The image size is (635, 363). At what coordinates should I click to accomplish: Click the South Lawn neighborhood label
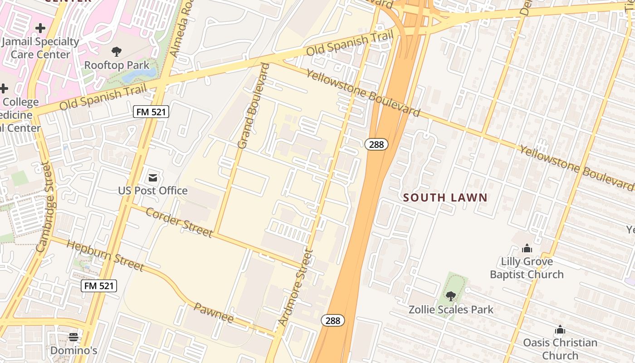click(x=445, y=197)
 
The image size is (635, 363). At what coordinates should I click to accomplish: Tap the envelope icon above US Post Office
click(x=153, y=177)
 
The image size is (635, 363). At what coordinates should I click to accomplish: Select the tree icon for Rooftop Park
click(x=117, y=51)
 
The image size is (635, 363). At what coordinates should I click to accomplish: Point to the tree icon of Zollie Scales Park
click(x=451, y=296)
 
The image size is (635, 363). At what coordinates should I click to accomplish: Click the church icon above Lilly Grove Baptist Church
click(x=527, y=248)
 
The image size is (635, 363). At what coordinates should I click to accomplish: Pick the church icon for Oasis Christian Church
click(x=560, y=329)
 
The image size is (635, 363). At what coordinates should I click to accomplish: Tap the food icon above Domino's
click(x=73, y=337)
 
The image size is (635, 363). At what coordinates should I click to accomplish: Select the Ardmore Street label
click(x=295, y=288)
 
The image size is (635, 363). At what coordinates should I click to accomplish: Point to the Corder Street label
click(x=179, y=222)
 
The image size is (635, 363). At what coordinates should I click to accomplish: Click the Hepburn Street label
click(x=105, y=255)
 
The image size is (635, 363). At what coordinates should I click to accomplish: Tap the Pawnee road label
click(x=214, y=313)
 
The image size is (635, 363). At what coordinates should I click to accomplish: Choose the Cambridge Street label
click(x=48, y=207)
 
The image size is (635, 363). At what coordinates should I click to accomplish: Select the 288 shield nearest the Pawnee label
click(x=333, y=320)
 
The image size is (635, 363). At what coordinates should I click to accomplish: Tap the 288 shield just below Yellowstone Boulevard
click(x=376, y=144)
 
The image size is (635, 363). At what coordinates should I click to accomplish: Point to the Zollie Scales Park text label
click(x=451, y=309)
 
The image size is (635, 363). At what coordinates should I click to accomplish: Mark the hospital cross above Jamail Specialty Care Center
click(x=40, y=28)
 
